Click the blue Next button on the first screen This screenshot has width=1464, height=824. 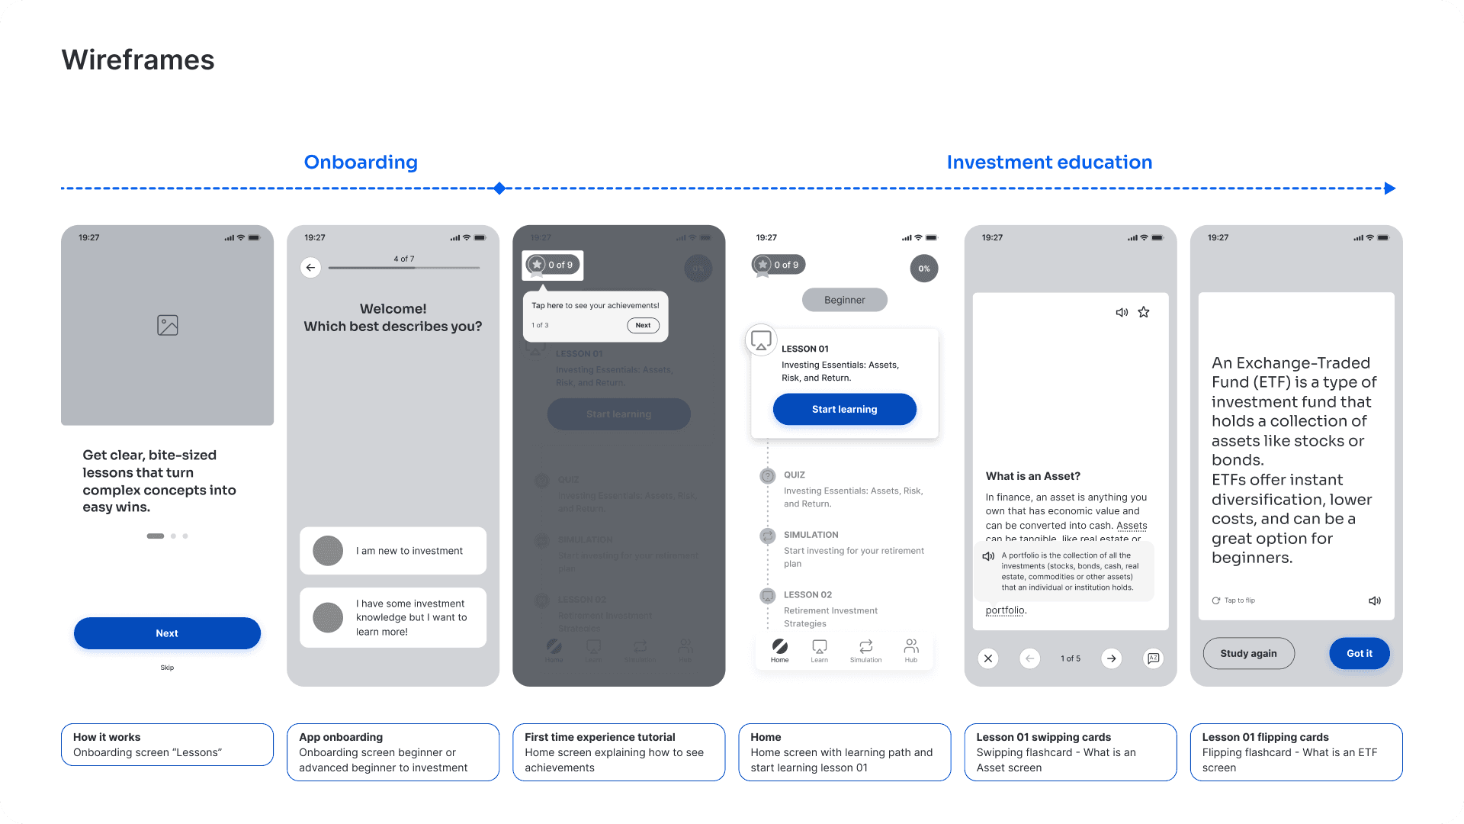[167, 633]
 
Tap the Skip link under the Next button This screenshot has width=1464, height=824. [167, 668]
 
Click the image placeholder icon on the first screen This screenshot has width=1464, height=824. [168, 325]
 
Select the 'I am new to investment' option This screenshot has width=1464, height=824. [393, 551]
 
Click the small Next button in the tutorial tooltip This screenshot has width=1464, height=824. [643, 325]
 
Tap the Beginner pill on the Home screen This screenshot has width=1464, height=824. [844, 300]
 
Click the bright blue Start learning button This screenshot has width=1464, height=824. [844, 410]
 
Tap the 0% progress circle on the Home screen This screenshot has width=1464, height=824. [923, 269]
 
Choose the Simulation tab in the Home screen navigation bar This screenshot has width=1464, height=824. [865, 650]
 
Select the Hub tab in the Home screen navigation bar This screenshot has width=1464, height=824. [911, 650]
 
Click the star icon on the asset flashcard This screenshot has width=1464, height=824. [1144, 312]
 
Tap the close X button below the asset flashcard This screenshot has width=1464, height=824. [988, 658]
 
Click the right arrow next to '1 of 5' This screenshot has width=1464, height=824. [1112, 658]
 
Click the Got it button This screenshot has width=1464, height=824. [1359, 654]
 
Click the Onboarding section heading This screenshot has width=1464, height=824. [361, 163]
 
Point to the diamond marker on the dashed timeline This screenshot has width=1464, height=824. [499, 188]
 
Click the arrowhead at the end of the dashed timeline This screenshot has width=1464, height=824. [1390, 188]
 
